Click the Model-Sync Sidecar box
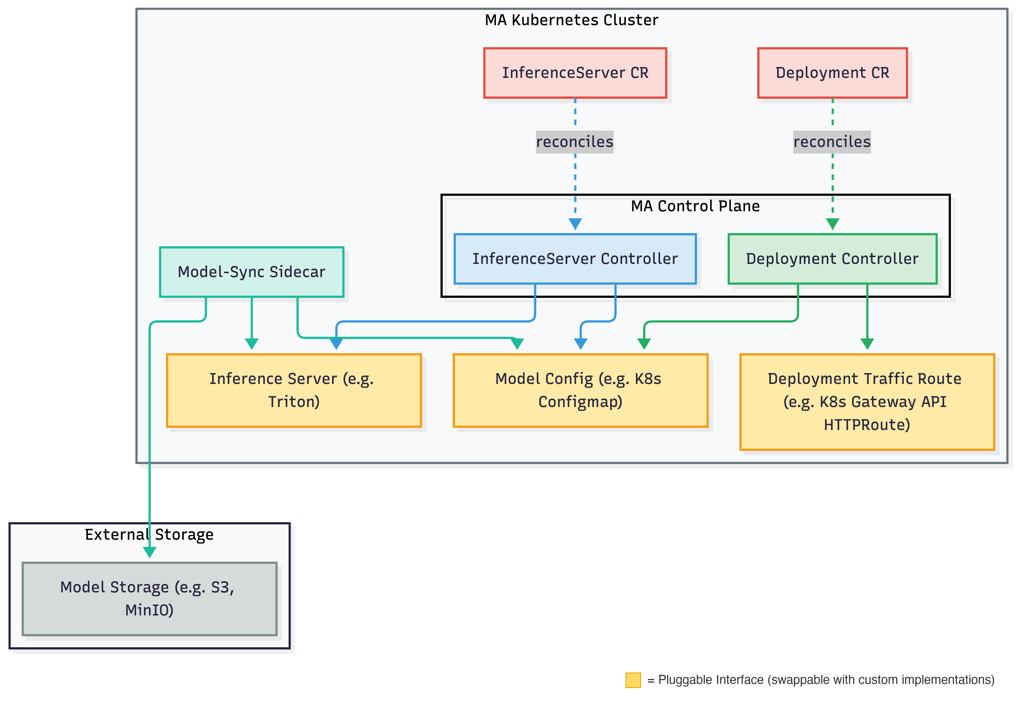coord(251,272)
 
